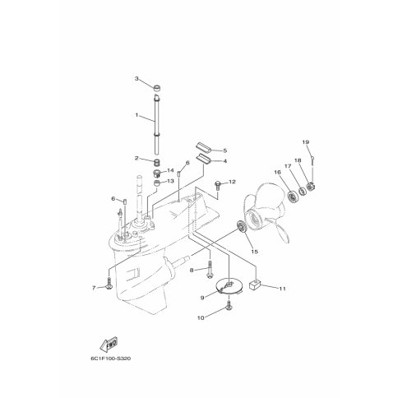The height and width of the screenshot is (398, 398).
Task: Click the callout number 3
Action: tap(137, 79)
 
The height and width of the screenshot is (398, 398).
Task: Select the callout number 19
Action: tap(306, 142)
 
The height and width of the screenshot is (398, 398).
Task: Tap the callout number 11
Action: tap(283, 289)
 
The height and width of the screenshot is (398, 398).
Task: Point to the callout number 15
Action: tap(255, 252)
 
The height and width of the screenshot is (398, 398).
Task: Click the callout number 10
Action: tap(201, 318)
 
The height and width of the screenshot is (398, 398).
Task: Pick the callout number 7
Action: tap(94, 288)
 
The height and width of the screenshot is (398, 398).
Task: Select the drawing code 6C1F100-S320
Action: tap(111, 359)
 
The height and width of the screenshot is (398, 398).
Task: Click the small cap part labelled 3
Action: tap(157, 88)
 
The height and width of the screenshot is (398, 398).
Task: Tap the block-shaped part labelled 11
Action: tap(254, 285)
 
